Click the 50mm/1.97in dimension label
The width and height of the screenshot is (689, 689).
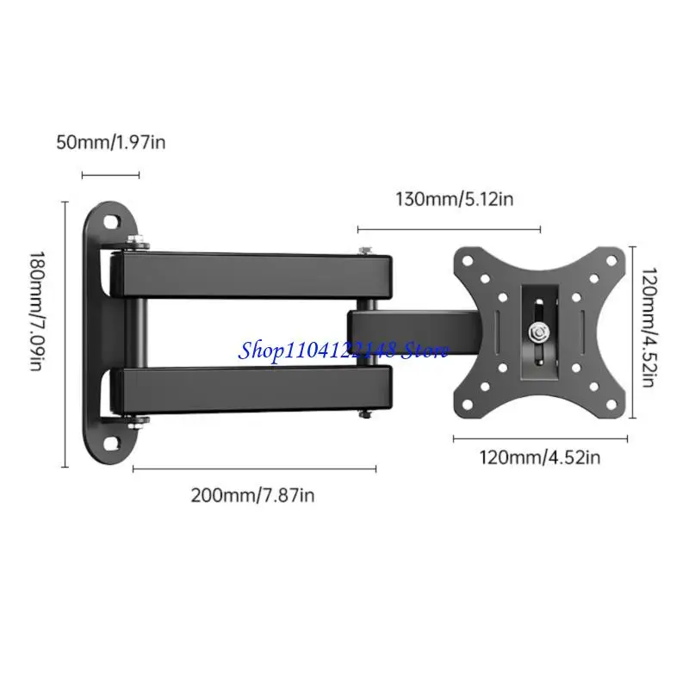(x=111, y=142)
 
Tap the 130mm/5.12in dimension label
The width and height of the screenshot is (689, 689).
(x=455, y=199)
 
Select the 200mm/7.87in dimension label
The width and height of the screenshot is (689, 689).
(x=252, y=495)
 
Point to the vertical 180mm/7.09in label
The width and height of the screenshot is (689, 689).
(x=37, y=311)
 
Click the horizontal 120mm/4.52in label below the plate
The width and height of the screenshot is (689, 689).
(x=540, y=457)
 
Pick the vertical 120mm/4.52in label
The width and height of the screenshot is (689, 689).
(x=649, y=327)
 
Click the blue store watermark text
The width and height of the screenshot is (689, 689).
(x=343, y=351)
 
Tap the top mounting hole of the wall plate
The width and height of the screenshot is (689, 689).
(x=111, y=221)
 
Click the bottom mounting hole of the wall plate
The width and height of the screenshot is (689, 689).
(x=112, y=443)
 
